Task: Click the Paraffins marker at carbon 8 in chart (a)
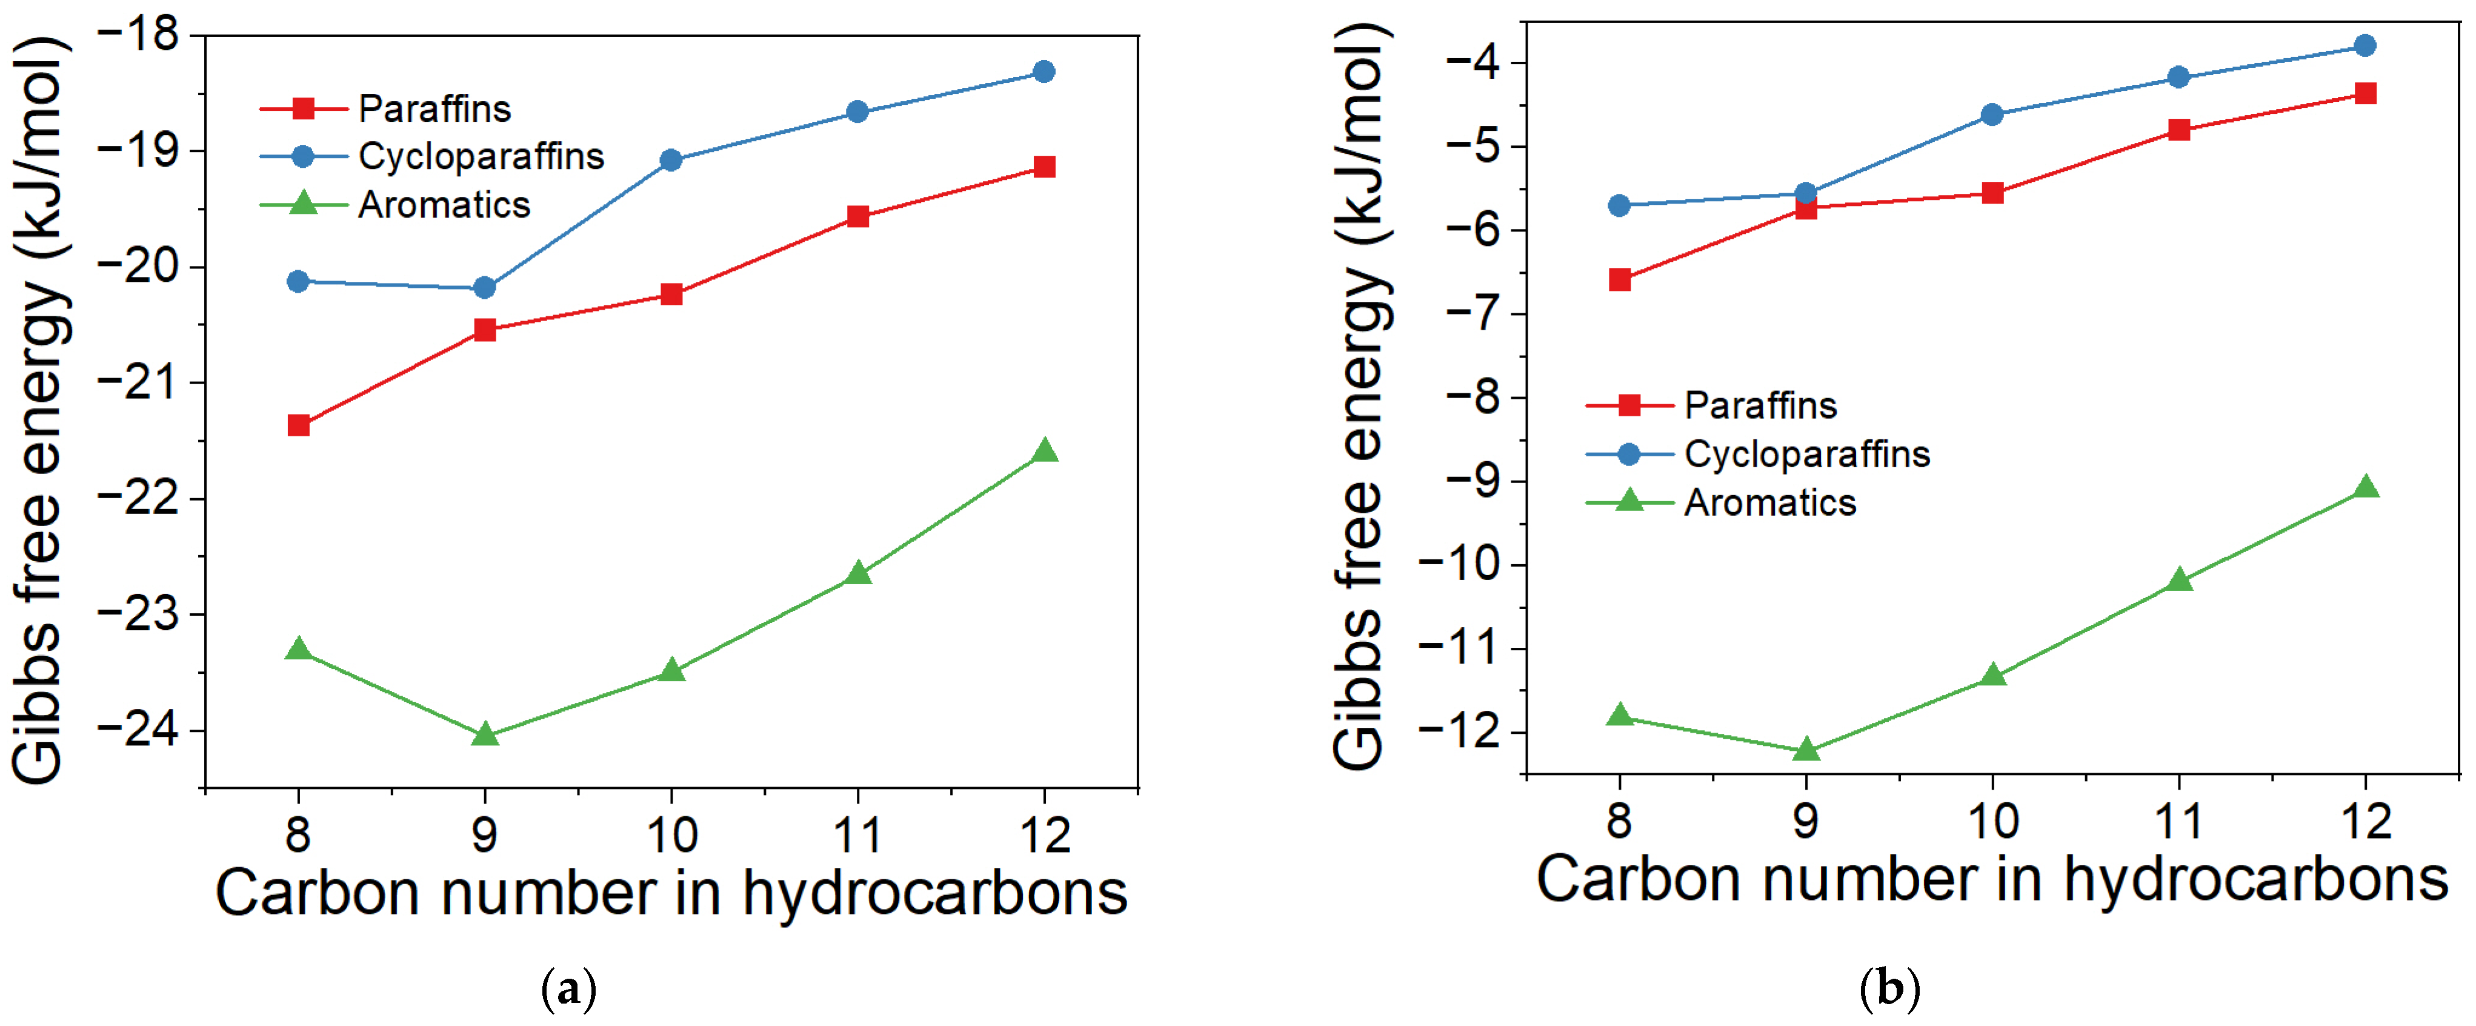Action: click(x=298, y=425)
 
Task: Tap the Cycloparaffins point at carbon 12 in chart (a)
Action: click(x=1044, y=72)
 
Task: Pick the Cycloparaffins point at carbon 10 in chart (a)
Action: click(x=671, y=161)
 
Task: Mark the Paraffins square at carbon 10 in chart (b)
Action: click(x=1992, y=193)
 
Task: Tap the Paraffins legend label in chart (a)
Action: click(x=434, y=108)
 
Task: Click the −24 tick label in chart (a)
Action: click(x=139, y=730)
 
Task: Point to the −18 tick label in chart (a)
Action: click(x=139, y=36)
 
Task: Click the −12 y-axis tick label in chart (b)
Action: click(x=1459, y=731)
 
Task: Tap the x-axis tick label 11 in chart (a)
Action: click(x=857, y=834)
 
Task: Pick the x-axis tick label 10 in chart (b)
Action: click(x=1992, y=821)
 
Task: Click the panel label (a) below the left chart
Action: click(x=569, y=988)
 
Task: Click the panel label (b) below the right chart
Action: click(x=1889, y=988)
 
